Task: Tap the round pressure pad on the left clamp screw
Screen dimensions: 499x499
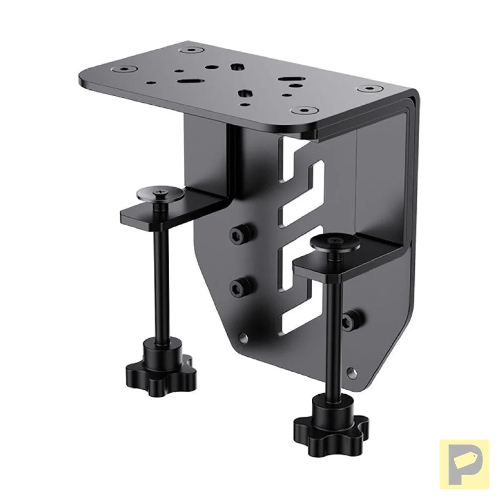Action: click(160, 194)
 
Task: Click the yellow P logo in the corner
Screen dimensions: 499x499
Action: click(463, 463)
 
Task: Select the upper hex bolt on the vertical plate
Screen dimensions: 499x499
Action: click(242, 235)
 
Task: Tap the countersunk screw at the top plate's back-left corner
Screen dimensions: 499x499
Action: click(193, 50)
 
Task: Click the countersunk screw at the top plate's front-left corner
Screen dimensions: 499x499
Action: click(118, 69)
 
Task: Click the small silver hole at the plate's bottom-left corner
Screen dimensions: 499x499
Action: click(243, 336)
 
